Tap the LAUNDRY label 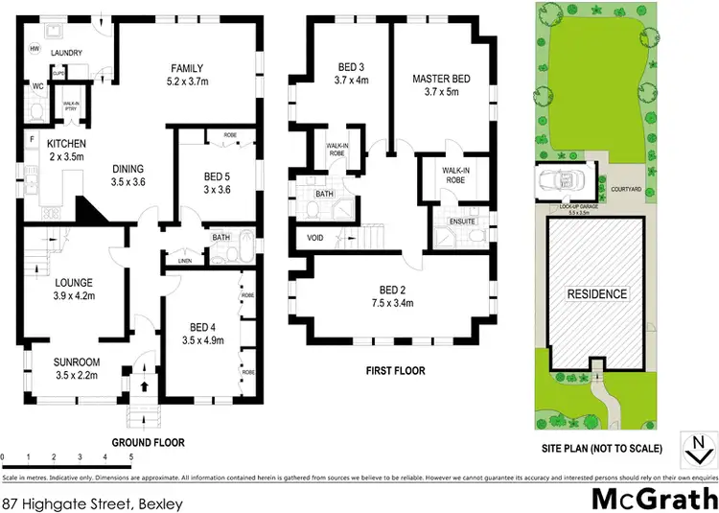[60, 54]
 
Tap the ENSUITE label [449, 223]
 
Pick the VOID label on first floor [315, 237]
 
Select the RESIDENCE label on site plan [595, 294]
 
